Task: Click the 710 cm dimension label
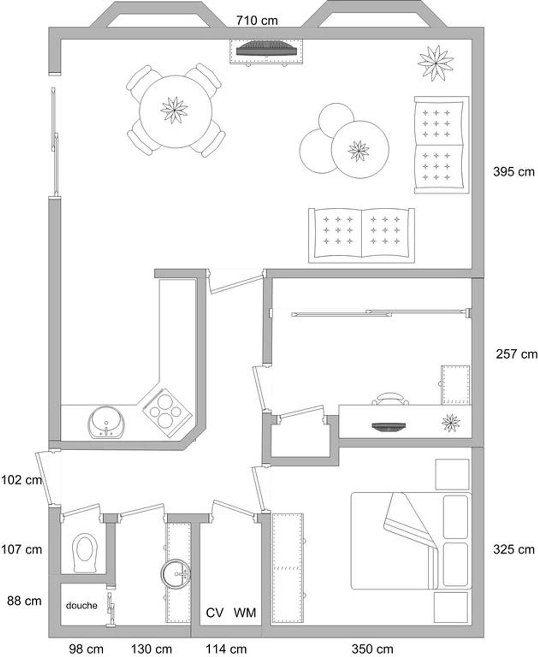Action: (257, 20)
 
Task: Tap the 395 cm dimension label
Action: (514, 172)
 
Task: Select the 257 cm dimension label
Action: (517, 354)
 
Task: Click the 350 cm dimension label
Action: (373, 647)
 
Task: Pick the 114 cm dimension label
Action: (226, 647)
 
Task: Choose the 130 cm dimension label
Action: (151, 647)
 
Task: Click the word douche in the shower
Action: (82, 605)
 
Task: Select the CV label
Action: (215, 613)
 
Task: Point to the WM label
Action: (245, 613)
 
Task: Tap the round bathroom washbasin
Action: (175, 574)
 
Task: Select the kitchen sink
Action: (107, 423)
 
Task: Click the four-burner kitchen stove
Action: (167, 412)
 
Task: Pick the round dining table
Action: (176, 112)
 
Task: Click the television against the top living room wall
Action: (266, 49)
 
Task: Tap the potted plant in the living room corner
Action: (435, 63)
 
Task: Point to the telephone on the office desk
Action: (390, 399)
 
